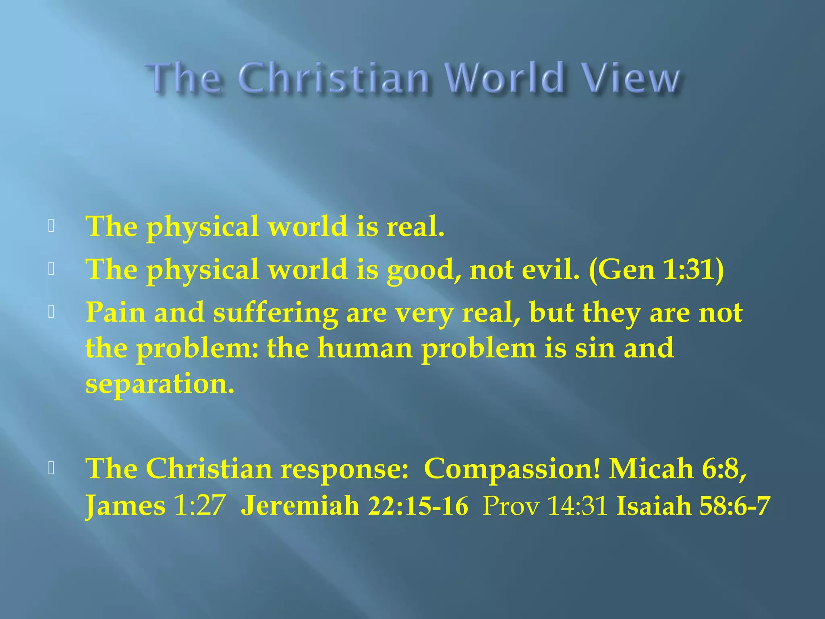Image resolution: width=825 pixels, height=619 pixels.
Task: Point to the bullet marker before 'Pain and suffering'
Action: [51, 312]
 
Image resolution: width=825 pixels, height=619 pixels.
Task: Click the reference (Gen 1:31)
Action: [656, 269]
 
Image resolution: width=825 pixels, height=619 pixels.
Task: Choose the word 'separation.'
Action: [160, 384]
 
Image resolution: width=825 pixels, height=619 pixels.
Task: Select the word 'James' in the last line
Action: [125, 505]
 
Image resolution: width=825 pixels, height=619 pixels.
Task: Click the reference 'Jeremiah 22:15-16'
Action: [354, 505]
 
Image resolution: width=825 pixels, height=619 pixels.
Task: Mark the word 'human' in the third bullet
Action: [365, 348]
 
